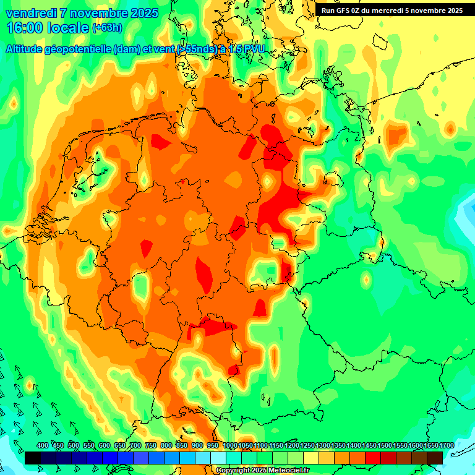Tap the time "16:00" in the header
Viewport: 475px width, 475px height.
coord(24,28)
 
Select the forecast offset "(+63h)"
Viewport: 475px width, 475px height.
coord(107,28)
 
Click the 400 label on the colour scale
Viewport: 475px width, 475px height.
coord(43,445)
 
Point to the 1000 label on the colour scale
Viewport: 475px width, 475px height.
coord(230,445)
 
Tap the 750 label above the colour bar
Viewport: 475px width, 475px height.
coord(151,445)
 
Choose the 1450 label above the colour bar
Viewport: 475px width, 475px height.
coord(369,445)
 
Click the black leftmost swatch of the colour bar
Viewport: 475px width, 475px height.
coord(33,458)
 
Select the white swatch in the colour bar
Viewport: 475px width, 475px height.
coord(218,458)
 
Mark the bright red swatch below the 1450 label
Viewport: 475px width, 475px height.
coord(373,458)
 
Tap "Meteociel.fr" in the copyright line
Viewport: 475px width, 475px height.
coord(287,471)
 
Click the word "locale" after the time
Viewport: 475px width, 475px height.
coord(67,28)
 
